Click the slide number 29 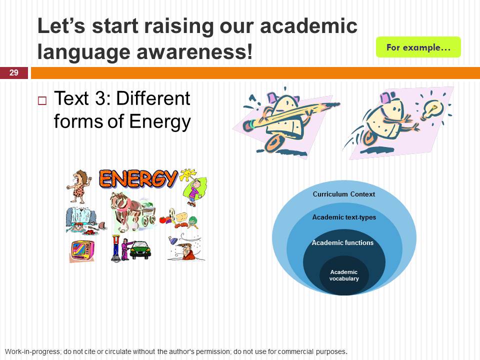pos(14,72)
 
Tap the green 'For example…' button pos(418,47)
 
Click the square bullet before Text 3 pos(42,100)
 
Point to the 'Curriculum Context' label pos(344,194)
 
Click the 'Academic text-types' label pos(344,217)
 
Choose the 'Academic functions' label pos(343,243)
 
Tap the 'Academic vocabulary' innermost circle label pos(344,275)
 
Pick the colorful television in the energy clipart pos(82,250)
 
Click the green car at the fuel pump pos(140,250)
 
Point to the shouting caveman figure pos(79,186)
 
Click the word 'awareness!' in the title pos(194,51)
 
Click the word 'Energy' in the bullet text pos(160,121)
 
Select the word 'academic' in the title pos(308,25)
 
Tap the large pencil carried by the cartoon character pos(291,115)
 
